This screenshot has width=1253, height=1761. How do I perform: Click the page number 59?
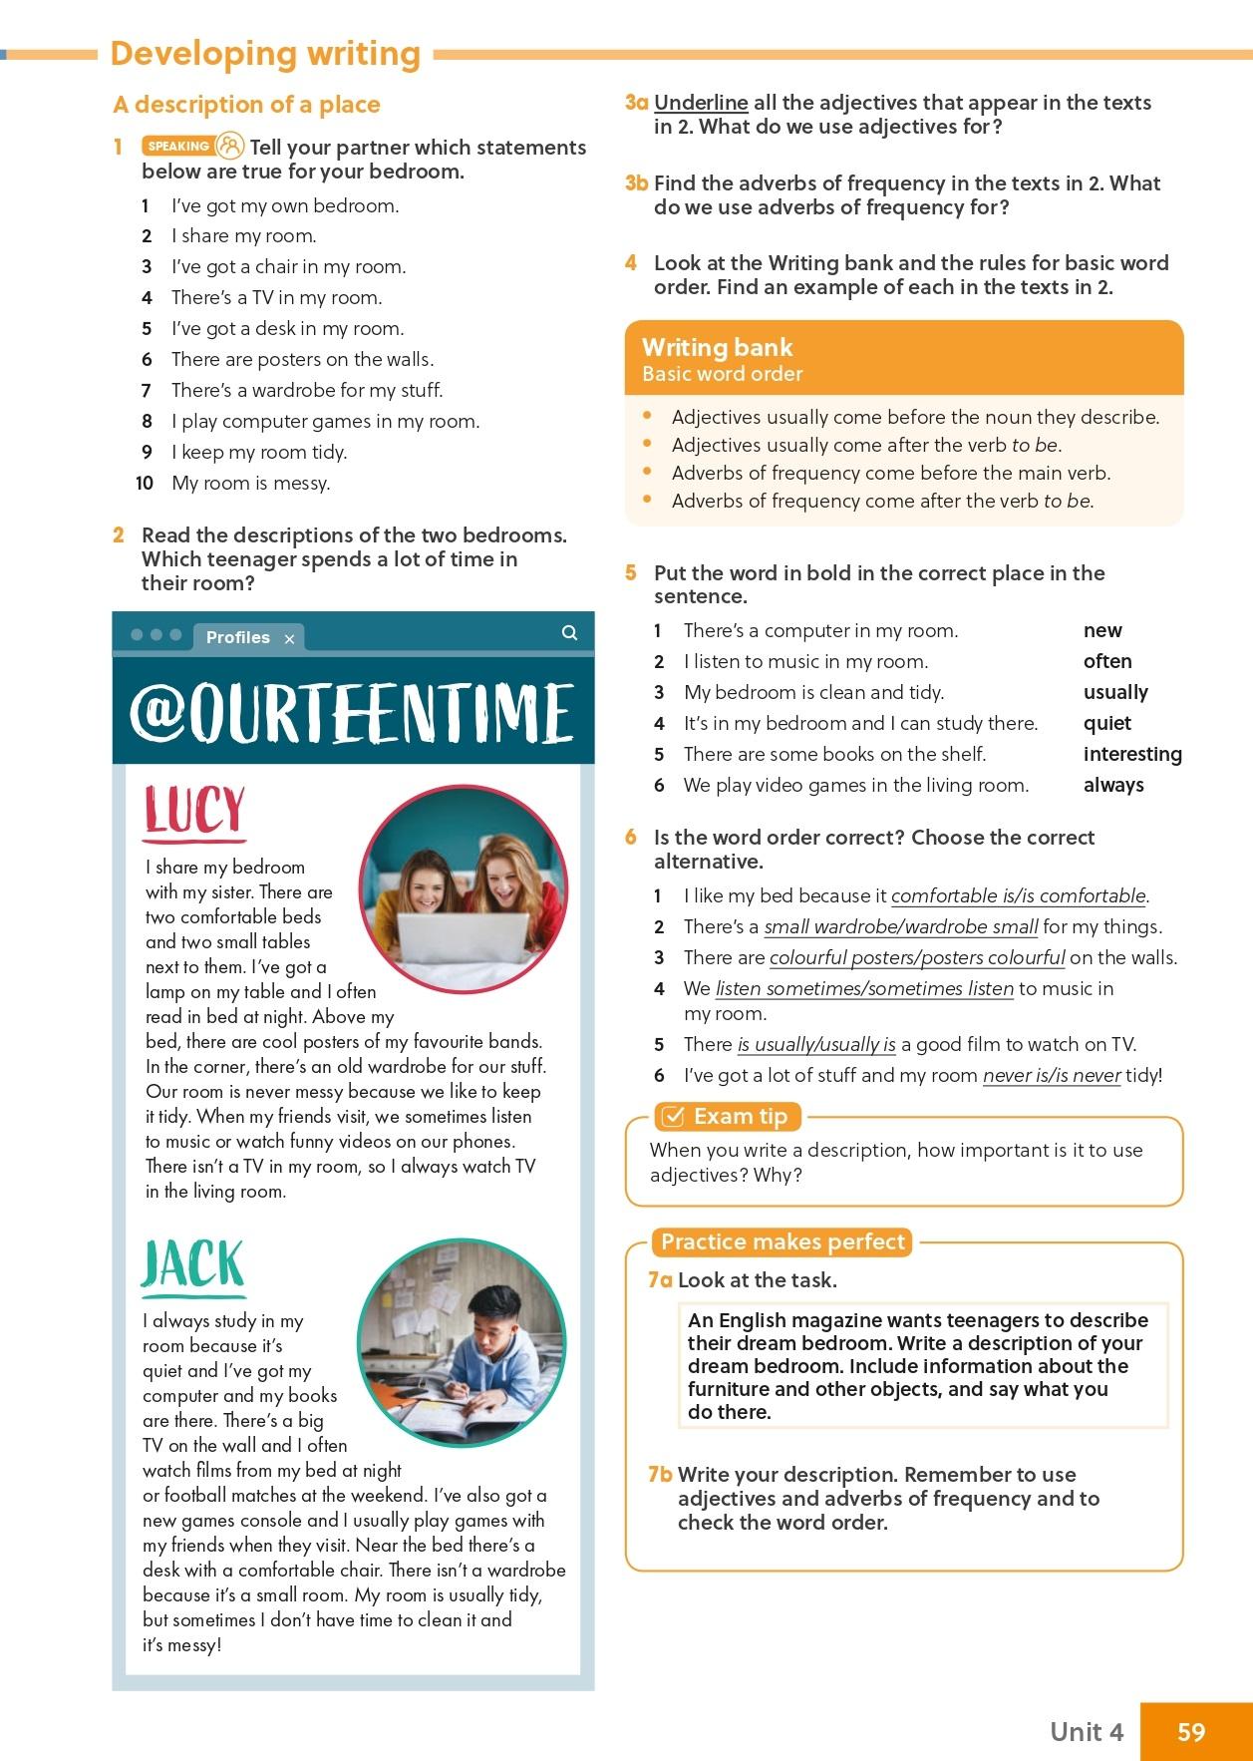coord(1191,1731)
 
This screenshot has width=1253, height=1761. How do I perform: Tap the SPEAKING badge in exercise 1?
coord(178,147)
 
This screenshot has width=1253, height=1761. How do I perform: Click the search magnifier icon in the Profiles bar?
coord(569,632)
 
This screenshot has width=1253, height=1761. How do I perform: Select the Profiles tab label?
coord(237,637)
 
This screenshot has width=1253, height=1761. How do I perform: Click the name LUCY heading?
coord(194,810)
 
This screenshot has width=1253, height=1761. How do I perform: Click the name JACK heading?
coord(192,1265)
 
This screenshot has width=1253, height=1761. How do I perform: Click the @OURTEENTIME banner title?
coord(352,712)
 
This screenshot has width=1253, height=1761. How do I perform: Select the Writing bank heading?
coord(717,347)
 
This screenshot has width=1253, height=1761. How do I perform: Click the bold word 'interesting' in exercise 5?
coord(1132,754)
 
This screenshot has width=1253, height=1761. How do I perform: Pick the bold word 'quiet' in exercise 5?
coord(1106,723)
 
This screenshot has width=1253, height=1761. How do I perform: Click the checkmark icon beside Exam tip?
coord(673,1116)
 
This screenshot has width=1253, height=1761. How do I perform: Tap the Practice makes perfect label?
coord(783,1241)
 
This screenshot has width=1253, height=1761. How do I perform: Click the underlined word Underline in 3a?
coord(701,103)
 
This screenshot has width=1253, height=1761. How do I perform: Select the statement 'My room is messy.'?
coord(250,484)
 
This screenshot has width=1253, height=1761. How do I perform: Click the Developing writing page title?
coord(265,54)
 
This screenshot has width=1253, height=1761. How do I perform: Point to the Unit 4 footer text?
coord(1086,1731)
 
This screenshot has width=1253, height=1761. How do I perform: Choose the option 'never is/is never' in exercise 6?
coord(1051,1076)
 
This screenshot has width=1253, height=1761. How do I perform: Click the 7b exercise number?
coord(660,1474)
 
